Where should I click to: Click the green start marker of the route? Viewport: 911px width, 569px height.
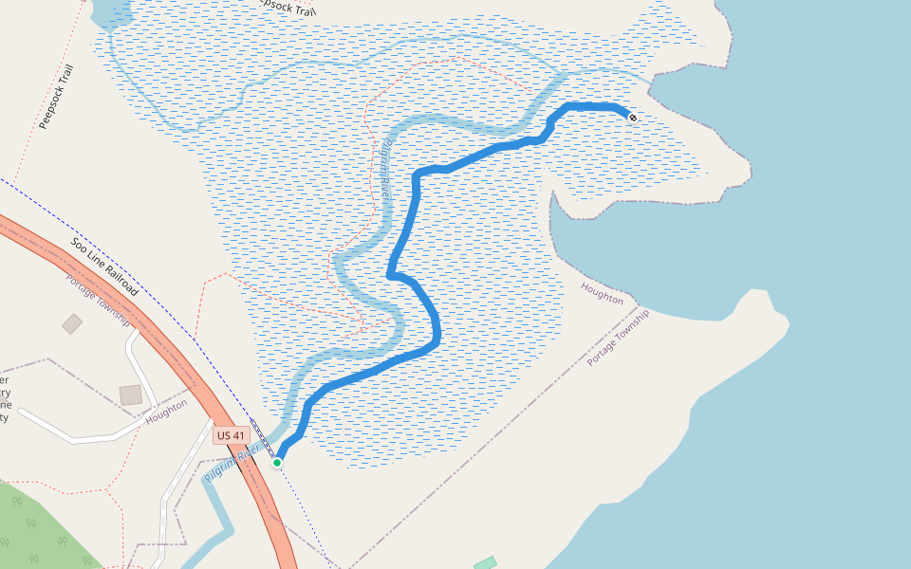pyautogui.click(x=277, y=462)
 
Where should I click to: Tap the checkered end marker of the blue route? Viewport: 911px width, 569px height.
pyautogui.click(x=632, y=117)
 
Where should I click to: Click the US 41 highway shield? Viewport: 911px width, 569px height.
pyautogui.click(x=231, y=435)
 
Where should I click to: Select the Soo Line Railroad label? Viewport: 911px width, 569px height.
pyautogui.click(x=104, y=266)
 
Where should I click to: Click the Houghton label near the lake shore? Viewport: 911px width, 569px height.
pyautogui.click(x=603, y=293)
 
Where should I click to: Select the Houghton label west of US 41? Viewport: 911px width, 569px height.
pyautogui.click(x=166, y=411)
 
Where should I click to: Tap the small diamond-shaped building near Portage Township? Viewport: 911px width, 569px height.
pyautogui.click(x=72, y=324)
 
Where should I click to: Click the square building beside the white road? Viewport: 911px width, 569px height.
pyautogui.click(x=131, y=395)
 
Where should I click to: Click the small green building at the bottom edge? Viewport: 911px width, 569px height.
pyautogui.click(x=485, y=563)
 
